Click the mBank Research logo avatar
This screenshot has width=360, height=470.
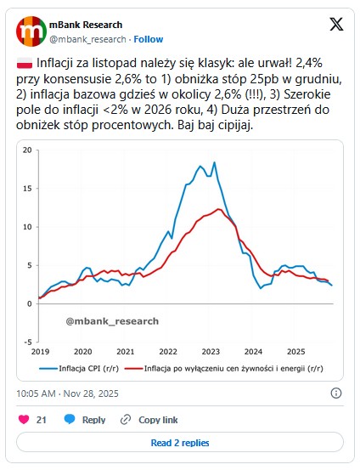click(31, 31)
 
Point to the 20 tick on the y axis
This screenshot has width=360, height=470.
click(27, 150)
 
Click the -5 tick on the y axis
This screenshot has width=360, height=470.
click(27, 341)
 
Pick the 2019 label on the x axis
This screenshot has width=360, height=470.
click(40, 351)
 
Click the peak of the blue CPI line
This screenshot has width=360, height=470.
click(214, 162)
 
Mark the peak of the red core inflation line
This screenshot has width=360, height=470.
click(219, 209)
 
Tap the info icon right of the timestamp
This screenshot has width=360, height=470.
click(336, 394)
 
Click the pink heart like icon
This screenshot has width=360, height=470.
click(23, 420)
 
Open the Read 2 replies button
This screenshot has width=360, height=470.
click(179, 443)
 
